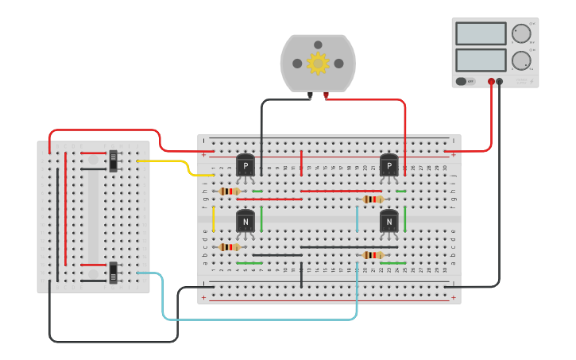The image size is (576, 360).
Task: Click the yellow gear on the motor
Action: (318, 64)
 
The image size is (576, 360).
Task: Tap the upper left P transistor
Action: (245, 166)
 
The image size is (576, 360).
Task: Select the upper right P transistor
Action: (389, 166)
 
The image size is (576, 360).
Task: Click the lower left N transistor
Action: (245, 222)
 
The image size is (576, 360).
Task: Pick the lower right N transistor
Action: (389, 222)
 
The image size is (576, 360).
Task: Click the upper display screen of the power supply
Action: (481, 33)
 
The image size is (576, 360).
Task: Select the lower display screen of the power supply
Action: (481, 60)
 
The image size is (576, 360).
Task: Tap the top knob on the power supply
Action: (520, 33)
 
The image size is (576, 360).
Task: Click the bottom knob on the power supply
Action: (520, 60)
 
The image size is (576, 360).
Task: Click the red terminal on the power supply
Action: (492, 81)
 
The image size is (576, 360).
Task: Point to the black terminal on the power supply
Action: (500, 81)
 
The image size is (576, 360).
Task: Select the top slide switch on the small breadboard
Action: (114, 160)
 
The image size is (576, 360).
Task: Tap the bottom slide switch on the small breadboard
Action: (114, 273)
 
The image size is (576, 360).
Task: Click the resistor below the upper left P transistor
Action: (230, 191)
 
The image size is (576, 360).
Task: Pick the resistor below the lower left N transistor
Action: (230, 247)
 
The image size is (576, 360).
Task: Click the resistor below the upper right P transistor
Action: (373, 199)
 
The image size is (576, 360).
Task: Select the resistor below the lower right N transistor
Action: (373, 255)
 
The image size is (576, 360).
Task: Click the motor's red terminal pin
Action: (326, 96)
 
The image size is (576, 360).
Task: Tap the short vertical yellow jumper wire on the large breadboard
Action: (213, 219)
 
